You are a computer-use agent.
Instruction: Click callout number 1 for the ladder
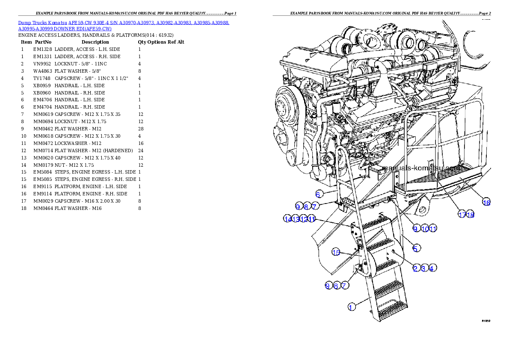tap(351, 307)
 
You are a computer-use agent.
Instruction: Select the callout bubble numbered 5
tap(416, 248)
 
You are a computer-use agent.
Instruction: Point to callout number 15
tap(336, 252)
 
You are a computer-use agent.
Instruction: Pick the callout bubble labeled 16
tap(486, 202)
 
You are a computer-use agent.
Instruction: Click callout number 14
tap(287, 219)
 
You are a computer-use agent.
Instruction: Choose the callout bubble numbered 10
tap(425, 229)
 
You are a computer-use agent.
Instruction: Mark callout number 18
tap(471, 215)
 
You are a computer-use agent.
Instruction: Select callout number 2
tap(415, 268)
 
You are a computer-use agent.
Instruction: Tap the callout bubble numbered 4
tap(432, 268)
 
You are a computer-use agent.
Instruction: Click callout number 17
tap(462, 215)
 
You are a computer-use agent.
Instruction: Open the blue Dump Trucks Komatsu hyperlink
tap(123, 25)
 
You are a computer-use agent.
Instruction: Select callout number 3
tap(423, 268)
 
